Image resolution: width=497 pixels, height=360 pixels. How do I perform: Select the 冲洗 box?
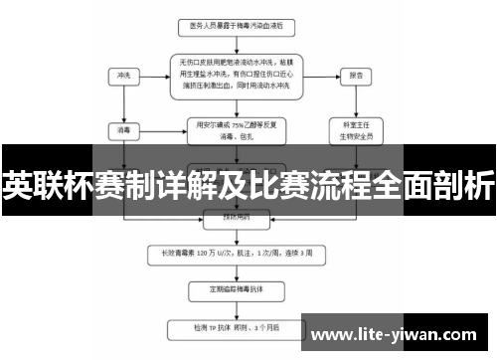tap(123, 75)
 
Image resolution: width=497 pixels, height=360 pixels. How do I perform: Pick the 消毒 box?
tap(123, 128)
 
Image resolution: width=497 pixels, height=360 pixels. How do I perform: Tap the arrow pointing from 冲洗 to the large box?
tap(155, 75)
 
